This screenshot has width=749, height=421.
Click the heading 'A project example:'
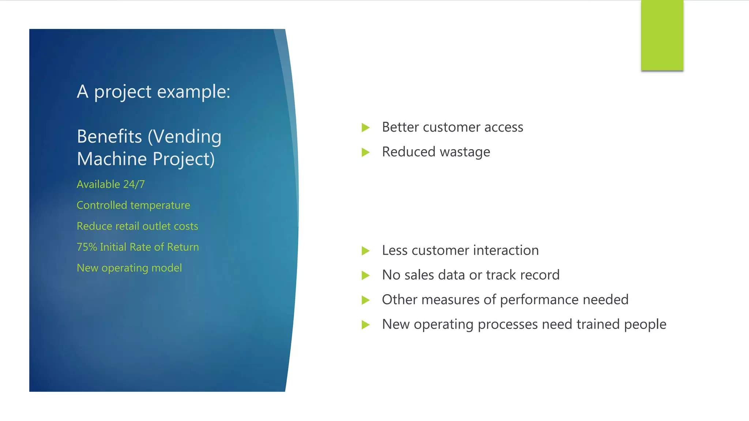tap(153, 91)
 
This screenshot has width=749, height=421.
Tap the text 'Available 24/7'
tap(110, 184)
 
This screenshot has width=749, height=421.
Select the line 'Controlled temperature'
tap(133, 205)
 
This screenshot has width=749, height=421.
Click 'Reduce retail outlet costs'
tap(137, 226)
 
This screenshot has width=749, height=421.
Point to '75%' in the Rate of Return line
tap(87, 247)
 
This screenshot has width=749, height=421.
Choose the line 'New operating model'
tap(129, 268)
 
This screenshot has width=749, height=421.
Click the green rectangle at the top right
tap(662, 35)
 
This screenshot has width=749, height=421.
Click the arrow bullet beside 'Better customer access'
tap(365, 128)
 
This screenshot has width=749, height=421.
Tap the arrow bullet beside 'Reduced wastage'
tap(365, 152)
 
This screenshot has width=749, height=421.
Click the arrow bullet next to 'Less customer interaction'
tap(365, 251)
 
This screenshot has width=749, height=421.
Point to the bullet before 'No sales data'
tap(365, 275)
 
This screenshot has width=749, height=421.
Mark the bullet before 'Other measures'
tap(365, 300)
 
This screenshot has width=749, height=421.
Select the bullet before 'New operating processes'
tap(365, 325)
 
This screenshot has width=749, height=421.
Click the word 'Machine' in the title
tap(112, 159)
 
